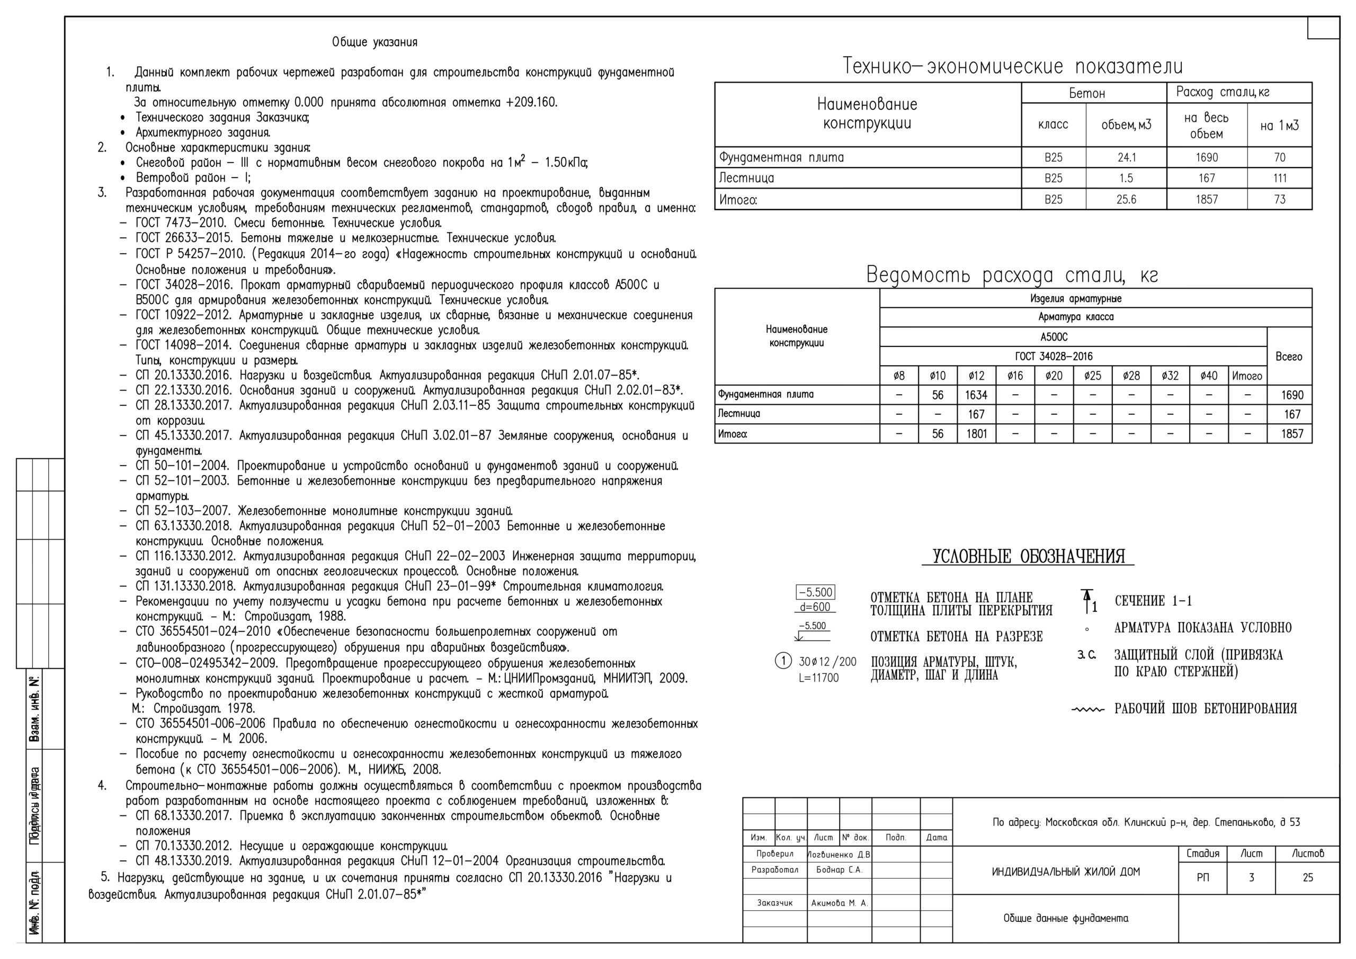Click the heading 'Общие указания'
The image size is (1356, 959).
374,42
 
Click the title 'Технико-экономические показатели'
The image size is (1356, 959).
1012,66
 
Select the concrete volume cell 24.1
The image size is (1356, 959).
1126,158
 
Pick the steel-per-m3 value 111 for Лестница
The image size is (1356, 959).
1279,179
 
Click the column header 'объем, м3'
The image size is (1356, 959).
1126,125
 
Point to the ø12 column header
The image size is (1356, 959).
976,376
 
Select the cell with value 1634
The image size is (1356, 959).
976,395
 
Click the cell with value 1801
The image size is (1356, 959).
976,434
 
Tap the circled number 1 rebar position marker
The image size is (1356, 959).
782,661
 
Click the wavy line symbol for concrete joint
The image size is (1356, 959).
1087,709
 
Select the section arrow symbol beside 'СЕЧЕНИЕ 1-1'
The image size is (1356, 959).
1086,601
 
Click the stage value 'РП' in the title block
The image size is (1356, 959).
1202,878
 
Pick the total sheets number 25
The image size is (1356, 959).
1308,878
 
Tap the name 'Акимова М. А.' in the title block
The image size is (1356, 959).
839,903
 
